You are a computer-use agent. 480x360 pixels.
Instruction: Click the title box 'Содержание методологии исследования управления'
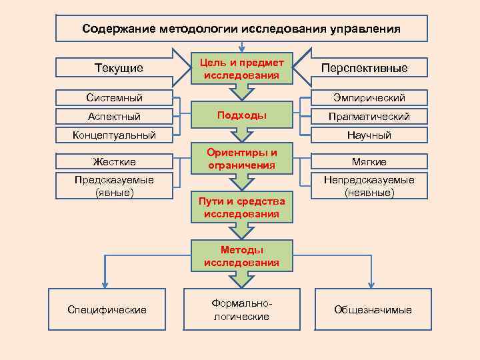[x=241, y=29]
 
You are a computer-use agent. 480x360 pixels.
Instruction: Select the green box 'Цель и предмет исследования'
[x=241, y=68]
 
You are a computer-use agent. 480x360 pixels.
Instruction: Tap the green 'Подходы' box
[x=241, y=116]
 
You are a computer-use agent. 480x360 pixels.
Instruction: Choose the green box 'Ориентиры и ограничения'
[x=241, y=158]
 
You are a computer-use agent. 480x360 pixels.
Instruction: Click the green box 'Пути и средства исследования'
[x=241, y=207]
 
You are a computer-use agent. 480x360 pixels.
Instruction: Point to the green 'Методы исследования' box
[x=241, y=256]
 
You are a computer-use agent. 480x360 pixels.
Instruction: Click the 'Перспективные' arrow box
[x=364, y=68]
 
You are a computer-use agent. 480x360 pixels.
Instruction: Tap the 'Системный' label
[x=114, y=98]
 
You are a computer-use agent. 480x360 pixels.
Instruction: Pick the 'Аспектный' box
[x=114, y=117]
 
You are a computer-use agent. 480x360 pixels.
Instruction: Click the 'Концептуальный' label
[x=114, y=135]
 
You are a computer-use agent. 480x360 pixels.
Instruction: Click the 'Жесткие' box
[x=114, y=161]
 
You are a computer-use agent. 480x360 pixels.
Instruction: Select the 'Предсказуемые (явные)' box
[x=114, y=186]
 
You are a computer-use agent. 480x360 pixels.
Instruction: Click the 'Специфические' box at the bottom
[x=107, y=309]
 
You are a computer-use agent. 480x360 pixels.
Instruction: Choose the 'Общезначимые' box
[x=373, y=309]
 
